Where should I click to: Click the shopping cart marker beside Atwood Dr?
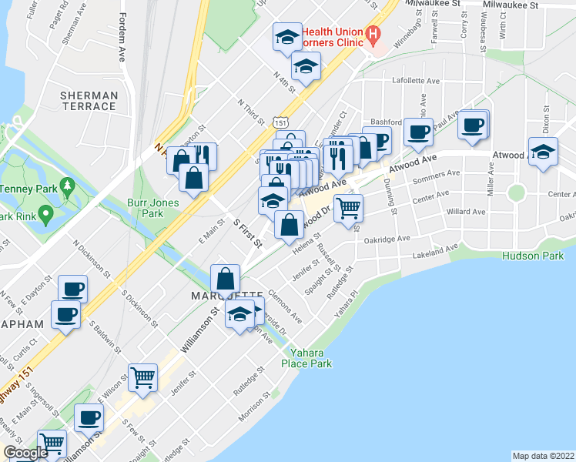[x=348, y=206]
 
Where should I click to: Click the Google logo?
[x=25, y=453]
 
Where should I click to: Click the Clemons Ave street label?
[x=286, y=306]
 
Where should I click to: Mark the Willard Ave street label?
[x=465, y=211]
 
